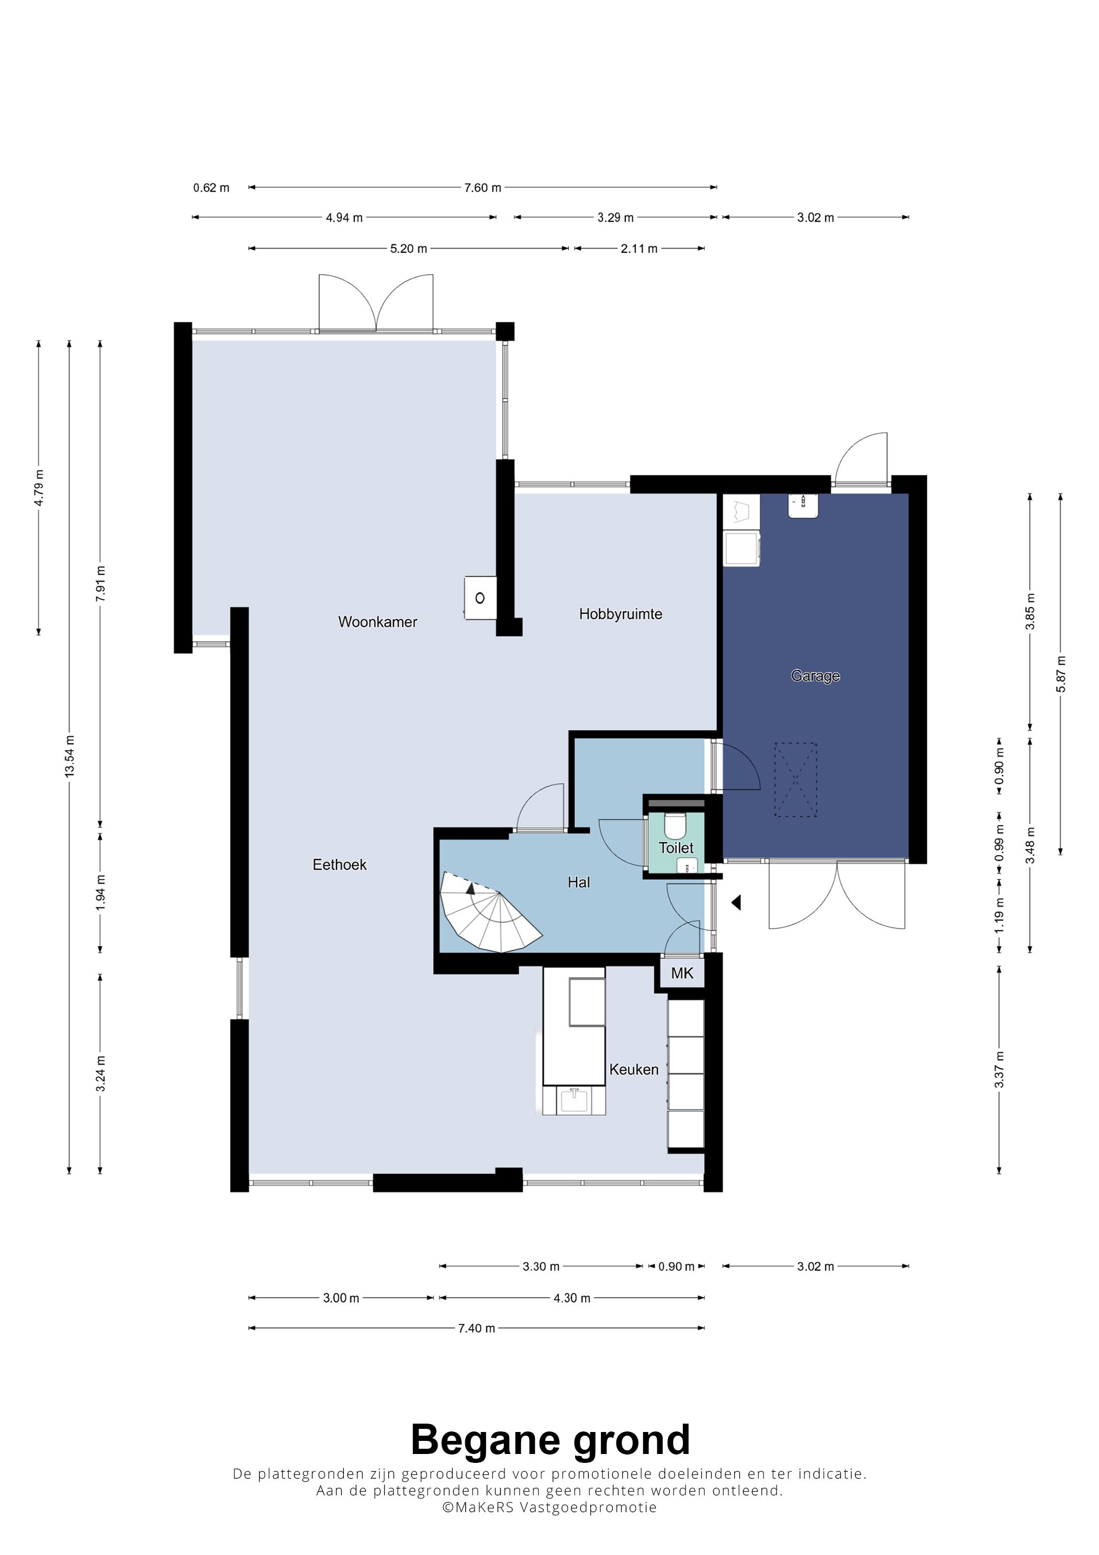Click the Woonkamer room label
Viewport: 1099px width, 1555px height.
(377, 622)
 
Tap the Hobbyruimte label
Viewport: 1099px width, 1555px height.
(620, 614)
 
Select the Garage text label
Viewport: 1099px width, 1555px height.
(815, 676)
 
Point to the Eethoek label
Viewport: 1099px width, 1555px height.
(339, 865)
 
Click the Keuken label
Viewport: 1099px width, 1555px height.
(634, 1069)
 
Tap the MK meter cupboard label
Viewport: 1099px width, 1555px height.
(682, 973)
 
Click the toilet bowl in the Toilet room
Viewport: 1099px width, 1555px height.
(675, 825)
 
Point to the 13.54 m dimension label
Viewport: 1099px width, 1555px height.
(70, 756)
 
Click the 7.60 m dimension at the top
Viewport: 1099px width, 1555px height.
(482, 187)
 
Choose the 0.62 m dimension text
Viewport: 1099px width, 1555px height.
(211, 187)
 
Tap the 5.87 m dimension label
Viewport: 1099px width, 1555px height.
(1061, 674)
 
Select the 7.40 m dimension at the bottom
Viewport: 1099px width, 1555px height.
(476, 1328)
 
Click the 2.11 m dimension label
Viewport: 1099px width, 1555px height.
(638, 249)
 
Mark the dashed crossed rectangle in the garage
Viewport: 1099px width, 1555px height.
(795, 779)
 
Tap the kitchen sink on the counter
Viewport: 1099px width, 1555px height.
(574, 1101)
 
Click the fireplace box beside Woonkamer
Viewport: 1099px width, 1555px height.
(480, 597)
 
